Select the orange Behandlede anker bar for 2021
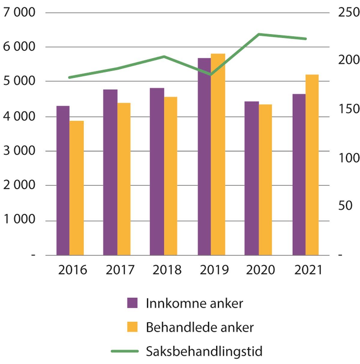point(312,165)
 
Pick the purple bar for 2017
point(110,172)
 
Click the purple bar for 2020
point(251,178)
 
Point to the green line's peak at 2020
point(259,34)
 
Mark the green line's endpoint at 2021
point(305,39)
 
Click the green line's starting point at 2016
point(69,77)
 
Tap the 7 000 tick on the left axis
point(19,12)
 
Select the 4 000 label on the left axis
point(19,116)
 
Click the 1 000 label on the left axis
point(19,219)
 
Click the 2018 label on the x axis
point(167,270)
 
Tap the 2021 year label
point(308,270)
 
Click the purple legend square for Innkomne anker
point(132,303)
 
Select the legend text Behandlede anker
point(199,327)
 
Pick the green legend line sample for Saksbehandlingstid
point(124,351)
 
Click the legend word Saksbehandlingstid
point(204,351)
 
